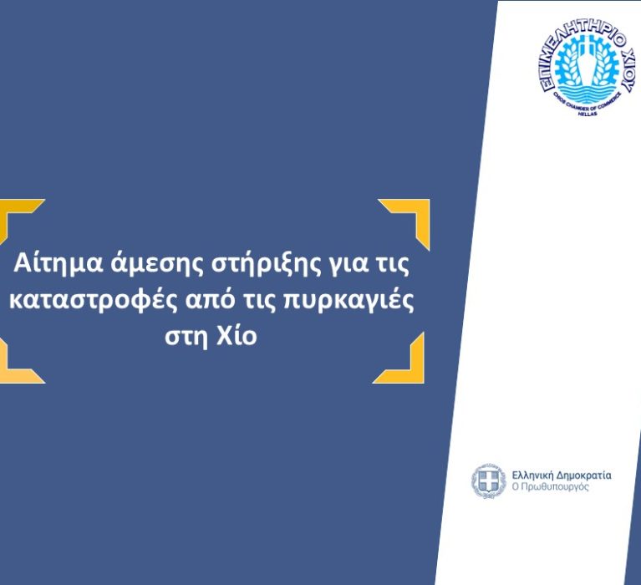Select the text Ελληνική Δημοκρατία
tap(561, 476)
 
